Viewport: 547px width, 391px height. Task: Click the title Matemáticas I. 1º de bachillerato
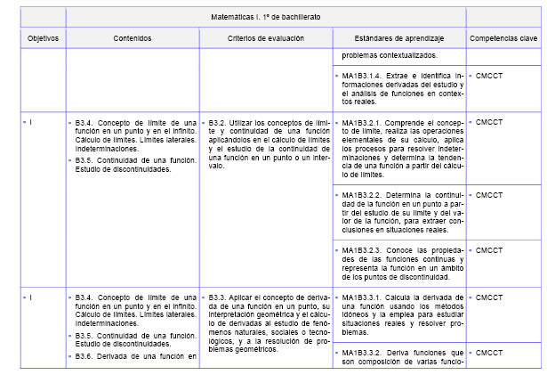click(x=266, y=17)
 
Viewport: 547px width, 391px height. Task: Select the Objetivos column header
click(x=42, y=38)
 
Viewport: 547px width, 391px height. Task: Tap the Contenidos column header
click(x=132, y=38)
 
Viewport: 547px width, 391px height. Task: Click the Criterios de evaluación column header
click(x=265, y=38)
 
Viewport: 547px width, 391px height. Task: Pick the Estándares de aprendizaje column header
click(x=398, y=38)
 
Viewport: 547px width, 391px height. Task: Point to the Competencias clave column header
click(x=503, y=38)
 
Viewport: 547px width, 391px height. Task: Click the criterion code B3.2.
click(x=217, y=123)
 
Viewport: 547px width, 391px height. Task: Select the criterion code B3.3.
click(x=217, y=297)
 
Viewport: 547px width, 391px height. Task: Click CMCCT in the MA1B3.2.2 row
click(x=489, y=193)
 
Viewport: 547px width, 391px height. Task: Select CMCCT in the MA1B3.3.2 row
click(x=489, y=354)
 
